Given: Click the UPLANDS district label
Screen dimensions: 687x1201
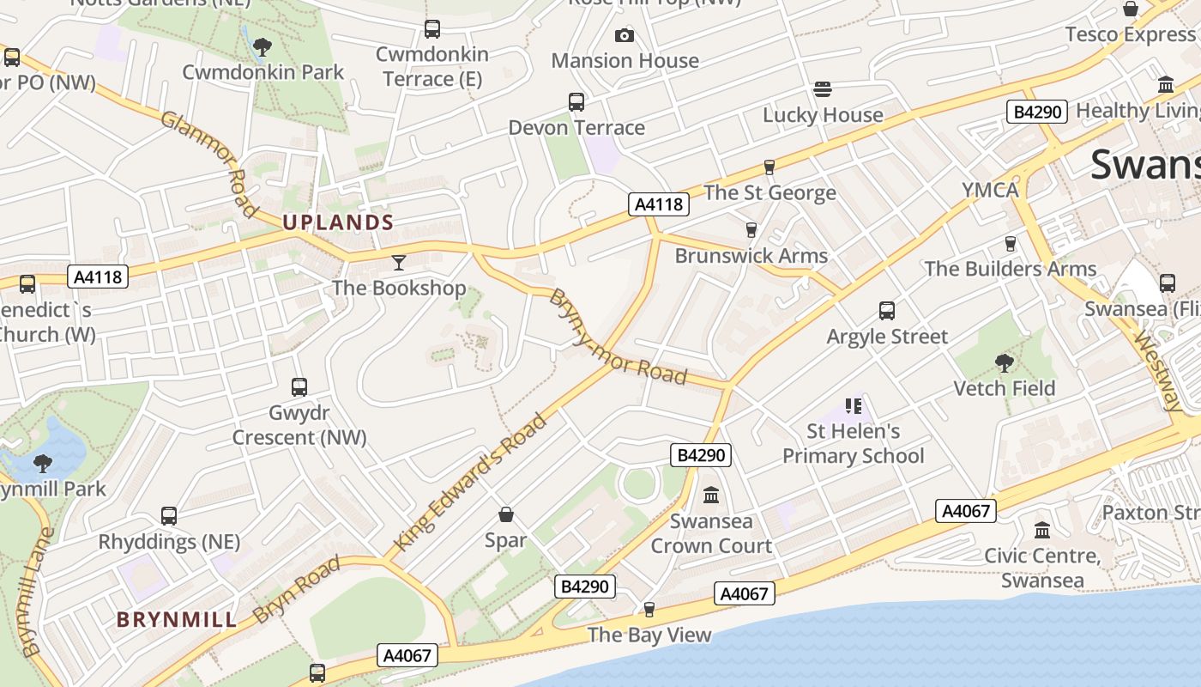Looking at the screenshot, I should point(338,222).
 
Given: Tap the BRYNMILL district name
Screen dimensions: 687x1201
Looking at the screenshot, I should point(177,619).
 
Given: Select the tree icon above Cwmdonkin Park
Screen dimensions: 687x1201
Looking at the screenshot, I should point(263,46).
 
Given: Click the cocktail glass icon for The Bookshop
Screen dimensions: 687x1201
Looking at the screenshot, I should point(399,262).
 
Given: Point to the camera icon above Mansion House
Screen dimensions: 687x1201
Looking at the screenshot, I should point(625,35).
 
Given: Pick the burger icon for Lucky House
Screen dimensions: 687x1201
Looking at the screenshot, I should point(823,89).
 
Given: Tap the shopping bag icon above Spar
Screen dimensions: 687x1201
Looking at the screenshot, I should point(506,514).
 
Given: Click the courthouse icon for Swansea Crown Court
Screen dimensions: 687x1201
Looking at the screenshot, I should point(711,495).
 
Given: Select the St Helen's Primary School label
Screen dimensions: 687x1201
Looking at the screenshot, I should point(854,443).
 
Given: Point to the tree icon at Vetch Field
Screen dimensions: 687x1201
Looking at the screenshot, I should point(1005,362).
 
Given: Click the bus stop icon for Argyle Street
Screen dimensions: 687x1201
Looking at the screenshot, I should point(887,310).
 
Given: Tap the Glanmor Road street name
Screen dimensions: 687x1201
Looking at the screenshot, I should point(208,163).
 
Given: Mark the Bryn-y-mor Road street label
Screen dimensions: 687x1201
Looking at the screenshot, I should point(618,337).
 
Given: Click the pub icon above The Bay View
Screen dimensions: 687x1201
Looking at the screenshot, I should point(649,609).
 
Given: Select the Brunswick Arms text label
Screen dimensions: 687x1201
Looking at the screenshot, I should point(751,255).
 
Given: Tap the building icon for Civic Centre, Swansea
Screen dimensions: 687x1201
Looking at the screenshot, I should point(1042,530).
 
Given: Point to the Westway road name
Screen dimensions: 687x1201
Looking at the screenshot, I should point(1158,372).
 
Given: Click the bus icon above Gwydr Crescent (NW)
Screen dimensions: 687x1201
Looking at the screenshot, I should point(299,386).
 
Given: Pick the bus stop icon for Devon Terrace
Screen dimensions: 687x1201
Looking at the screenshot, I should point(576,102).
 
